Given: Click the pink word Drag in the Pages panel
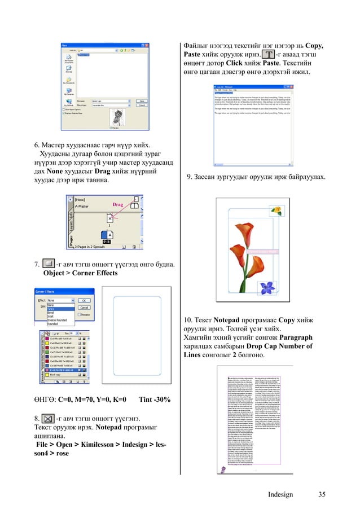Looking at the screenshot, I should (x=117, y=204).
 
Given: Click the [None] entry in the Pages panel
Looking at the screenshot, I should (x=82, y=200).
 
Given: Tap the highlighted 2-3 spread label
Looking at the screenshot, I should (x=106, y=241).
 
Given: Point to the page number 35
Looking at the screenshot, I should (x=322, y=495).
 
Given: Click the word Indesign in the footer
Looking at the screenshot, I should (x=280, y=495).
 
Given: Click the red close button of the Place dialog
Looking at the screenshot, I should (x=148, y=45).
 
